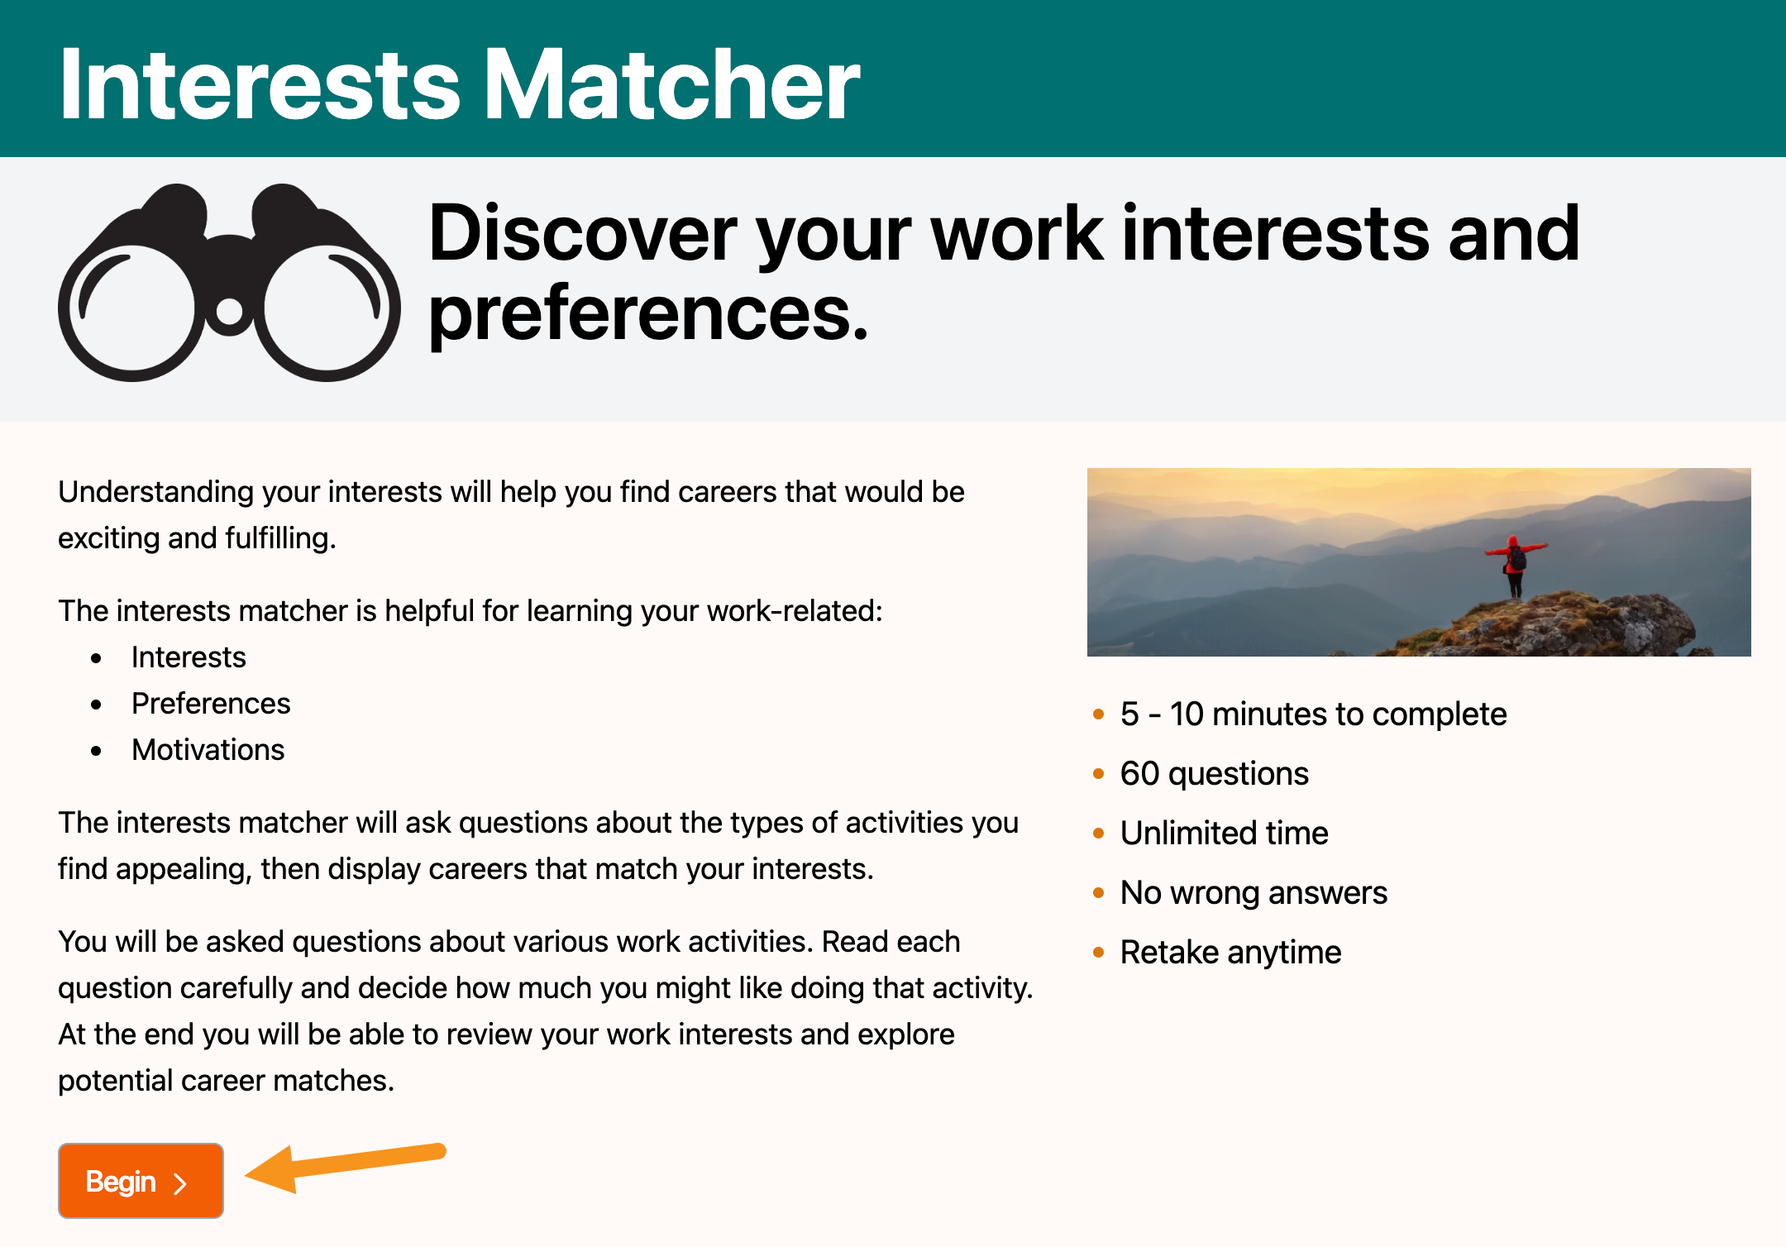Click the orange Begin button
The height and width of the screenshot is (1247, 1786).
pyautogui.click(x=141, y=1181)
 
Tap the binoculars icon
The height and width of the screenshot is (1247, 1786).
pyautogui.click(x=229, y=283)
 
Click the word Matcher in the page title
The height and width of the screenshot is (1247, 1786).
pyautogui.click(x=671, y=84)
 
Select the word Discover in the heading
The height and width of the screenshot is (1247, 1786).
pyautogui.click(x=584, y=234)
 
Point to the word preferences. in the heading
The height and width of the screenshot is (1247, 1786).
pyautogui.click(x=649, y=315)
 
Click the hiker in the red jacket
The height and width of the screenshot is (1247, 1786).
pyautogui.click(x=1515, y=566)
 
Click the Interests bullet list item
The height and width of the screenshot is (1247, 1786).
pyautogui.click(x=189, y=657)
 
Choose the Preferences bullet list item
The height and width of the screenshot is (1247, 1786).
pyautogui.click(x=211, y=704)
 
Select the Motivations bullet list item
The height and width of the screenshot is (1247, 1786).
pyautogui.click(x=208, y=750)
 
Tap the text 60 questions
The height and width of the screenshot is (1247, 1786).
pyautogui.click(x=1215, y=774)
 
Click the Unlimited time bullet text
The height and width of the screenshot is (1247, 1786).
pyautogui.click(x=1225, y=834)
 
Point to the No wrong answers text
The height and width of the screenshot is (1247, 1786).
pyautogui.click(x=1254, y=893)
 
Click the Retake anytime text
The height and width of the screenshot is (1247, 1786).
pyautogui.click(x=1230, y=953)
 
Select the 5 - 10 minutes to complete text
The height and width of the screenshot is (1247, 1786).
pyautogui.click(x=1313, y=714)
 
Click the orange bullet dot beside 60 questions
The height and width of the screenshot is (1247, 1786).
pyautogui.click(x=1099, y=774)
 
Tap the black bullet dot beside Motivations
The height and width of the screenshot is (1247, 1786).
pyautogui.click(x=97, y=751)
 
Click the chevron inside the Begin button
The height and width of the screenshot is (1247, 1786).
pyautogui.click(x=180, y=1183)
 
